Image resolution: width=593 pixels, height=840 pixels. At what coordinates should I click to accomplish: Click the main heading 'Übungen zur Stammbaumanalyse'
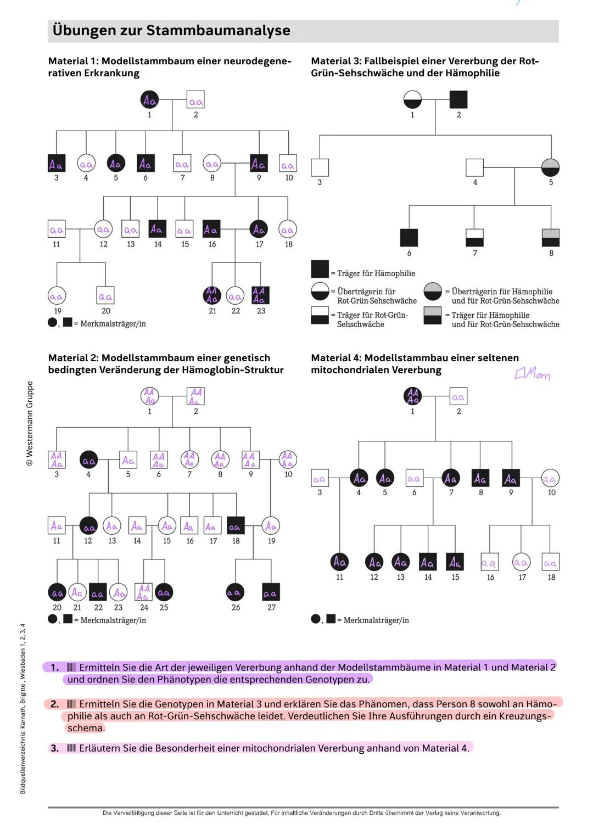[171, 31]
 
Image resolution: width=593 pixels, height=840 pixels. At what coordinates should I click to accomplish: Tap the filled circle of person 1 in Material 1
[149, 100]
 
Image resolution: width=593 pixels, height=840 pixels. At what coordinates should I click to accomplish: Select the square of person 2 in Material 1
[195, 100]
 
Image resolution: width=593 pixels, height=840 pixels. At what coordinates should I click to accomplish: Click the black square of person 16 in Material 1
[211, 229]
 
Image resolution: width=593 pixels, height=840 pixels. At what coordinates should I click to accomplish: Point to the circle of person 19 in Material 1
[57, 296]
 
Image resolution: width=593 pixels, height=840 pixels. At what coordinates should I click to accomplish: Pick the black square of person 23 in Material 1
[260, 295]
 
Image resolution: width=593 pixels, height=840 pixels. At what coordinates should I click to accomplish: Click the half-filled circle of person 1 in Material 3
[412, 99]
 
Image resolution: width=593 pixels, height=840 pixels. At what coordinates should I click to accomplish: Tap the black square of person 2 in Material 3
[458, 99]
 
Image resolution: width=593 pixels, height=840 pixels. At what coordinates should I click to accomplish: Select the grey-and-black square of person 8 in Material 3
[551, 238]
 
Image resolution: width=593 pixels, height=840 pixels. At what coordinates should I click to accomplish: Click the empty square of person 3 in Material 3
[320, 167]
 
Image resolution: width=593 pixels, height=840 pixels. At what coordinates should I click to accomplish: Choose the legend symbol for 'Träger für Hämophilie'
[320, 269]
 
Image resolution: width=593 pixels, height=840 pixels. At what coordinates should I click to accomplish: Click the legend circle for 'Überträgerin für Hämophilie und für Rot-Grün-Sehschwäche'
[433, 292]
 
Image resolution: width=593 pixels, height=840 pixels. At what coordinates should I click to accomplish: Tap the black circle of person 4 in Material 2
[88, 460]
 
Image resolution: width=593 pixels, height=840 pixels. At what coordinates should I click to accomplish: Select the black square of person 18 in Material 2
[236, 526]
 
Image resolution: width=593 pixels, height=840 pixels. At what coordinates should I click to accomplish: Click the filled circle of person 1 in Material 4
[412, 396]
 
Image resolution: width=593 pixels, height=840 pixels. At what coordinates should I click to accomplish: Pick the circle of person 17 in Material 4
[521, 562]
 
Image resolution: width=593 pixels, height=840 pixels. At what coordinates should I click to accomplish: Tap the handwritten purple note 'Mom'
[532, 374]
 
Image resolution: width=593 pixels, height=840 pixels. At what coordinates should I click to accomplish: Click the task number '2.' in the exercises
[54, 704]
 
